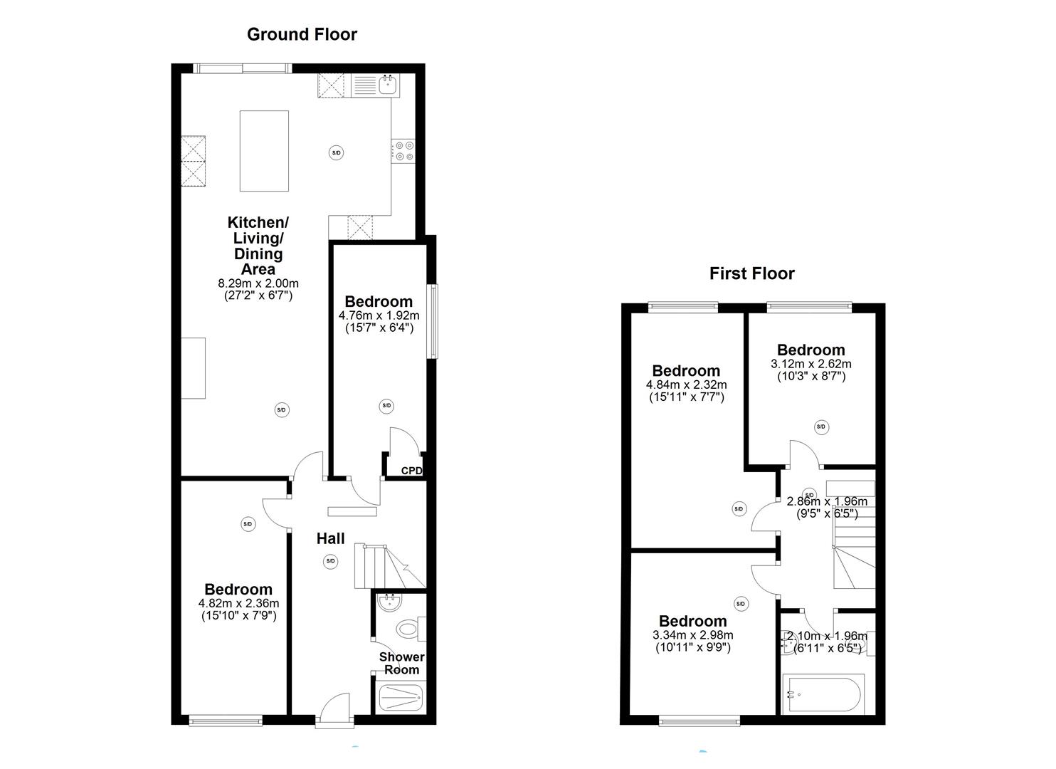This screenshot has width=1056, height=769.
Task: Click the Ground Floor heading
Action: [x=302, y=34]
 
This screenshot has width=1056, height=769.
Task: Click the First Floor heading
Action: [x=751, y=273]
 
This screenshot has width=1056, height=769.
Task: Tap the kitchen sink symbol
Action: [x=388, y=85]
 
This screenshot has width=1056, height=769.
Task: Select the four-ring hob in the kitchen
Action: [x=404, y=151]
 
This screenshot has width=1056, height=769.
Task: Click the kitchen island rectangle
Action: [x=264, y=151]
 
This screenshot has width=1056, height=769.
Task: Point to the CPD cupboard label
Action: [x=411, y=471]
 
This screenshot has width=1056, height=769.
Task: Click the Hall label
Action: [x=330, y=539]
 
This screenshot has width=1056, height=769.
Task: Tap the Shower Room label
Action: [x=402, y=663]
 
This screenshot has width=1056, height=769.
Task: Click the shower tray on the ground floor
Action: [x=400, y=697]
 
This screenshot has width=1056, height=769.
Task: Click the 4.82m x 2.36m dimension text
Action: [x=238, y=604]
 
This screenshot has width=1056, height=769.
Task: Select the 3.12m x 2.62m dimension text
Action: [x=811, y=364]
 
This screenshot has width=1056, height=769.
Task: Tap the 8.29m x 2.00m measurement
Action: [x=258, y=283]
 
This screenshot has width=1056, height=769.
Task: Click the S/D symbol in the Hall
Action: [x=330, y=561]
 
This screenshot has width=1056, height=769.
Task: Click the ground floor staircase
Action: [x=388, y=566]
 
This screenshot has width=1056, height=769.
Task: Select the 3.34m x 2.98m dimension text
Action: [x=692, y=635]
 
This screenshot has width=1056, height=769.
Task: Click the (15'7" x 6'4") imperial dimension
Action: [x=379, y=328]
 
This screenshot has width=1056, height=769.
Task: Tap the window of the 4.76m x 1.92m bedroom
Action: [x=433, y=321]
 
